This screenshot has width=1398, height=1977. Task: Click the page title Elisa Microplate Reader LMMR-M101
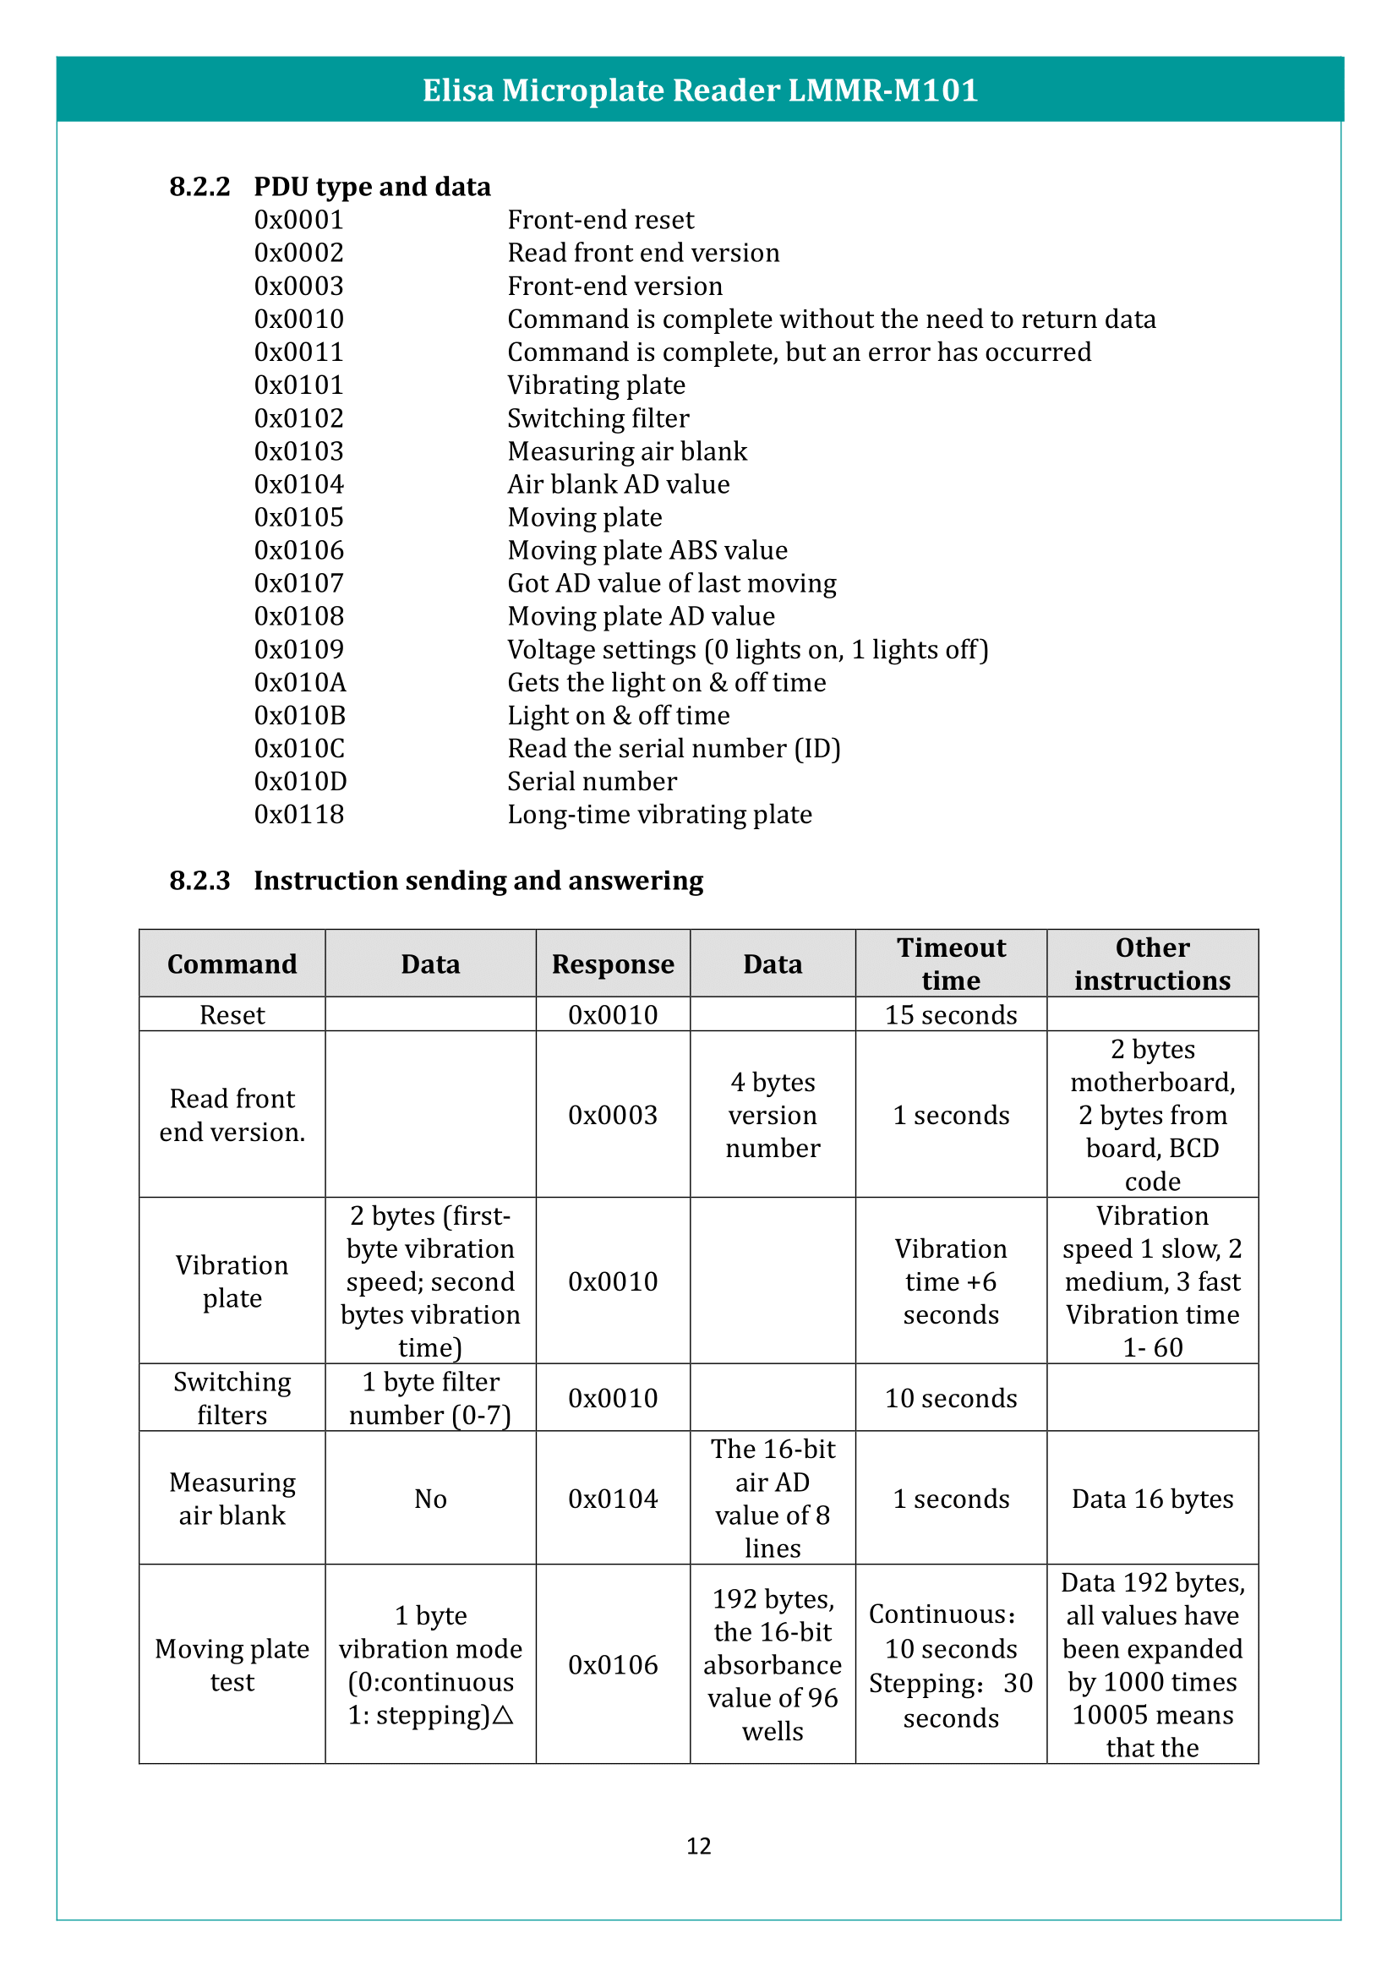tap(699, 90)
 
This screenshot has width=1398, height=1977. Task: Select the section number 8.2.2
tap(199, 187)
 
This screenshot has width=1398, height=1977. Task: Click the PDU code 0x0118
tap(298, 815)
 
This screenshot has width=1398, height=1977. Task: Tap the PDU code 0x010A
tap(299, 683)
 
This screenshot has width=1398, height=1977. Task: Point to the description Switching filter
tap(598, 418)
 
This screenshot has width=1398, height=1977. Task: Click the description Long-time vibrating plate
tap(659, 815)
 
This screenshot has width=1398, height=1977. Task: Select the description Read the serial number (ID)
tap(673, 749)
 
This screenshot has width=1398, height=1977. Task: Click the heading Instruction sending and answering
tap(478, 881)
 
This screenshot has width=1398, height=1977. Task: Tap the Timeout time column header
tap(950, 964)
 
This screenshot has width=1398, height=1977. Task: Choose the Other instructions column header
tap(1152, 964)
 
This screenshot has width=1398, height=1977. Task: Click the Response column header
tap(613, 964)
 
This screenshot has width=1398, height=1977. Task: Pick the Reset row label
tap(232, 1015)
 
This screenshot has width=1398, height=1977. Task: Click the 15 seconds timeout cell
tap(950, 1015)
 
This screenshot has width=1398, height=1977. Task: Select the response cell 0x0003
tap(613, 1115)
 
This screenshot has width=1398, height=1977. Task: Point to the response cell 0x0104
tap(613, 1499)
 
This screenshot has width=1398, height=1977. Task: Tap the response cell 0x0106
tap(613, 1665)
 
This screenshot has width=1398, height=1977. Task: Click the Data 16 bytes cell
tap(1152, 1499)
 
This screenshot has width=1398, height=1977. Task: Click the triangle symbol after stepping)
tap(504, 1715)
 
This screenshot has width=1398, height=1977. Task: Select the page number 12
tap(698, 1846)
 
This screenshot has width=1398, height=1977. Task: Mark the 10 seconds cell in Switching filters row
tap(950, 1398)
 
